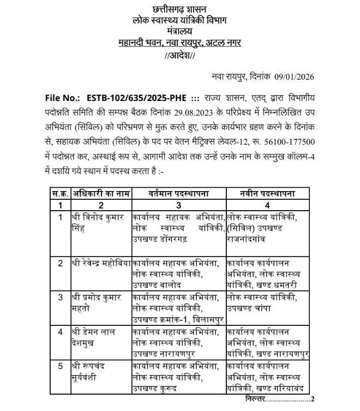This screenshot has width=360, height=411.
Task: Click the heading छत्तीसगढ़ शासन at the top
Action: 179,9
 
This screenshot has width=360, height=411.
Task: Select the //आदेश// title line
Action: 179,56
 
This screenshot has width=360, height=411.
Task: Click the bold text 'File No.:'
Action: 62,99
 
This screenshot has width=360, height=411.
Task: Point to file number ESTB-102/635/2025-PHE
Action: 137,99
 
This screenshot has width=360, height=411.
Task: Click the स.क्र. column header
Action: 60,194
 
